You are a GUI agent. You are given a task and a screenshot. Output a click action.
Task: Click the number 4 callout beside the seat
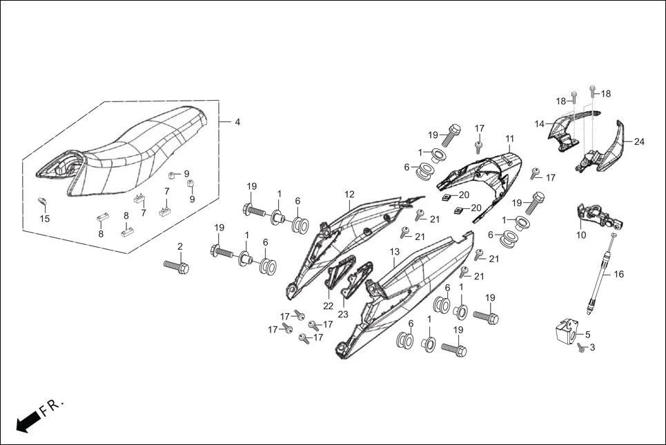click(237, 122)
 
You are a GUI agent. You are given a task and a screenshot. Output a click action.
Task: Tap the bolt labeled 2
click(176, 266)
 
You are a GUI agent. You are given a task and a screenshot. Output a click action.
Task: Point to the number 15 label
click(45, 219)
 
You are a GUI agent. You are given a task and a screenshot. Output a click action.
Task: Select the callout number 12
click(350, 195)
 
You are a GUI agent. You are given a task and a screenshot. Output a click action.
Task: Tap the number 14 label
click(540, 124)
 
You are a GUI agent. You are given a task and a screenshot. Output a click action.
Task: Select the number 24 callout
click(639, 142)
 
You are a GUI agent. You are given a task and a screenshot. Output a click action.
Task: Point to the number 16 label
click(618, 274)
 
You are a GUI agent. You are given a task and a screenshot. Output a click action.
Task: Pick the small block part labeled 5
click(565, 330)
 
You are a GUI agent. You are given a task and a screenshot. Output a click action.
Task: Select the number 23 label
click(343, 315)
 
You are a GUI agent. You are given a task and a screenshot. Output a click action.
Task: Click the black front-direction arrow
click(26, 421)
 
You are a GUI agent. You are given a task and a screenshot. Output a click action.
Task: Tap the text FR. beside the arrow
click(52, 406)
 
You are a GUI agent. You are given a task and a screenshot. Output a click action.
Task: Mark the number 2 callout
click(180, 246)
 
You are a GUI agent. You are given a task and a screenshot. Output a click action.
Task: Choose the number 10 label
click(581, 235)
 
